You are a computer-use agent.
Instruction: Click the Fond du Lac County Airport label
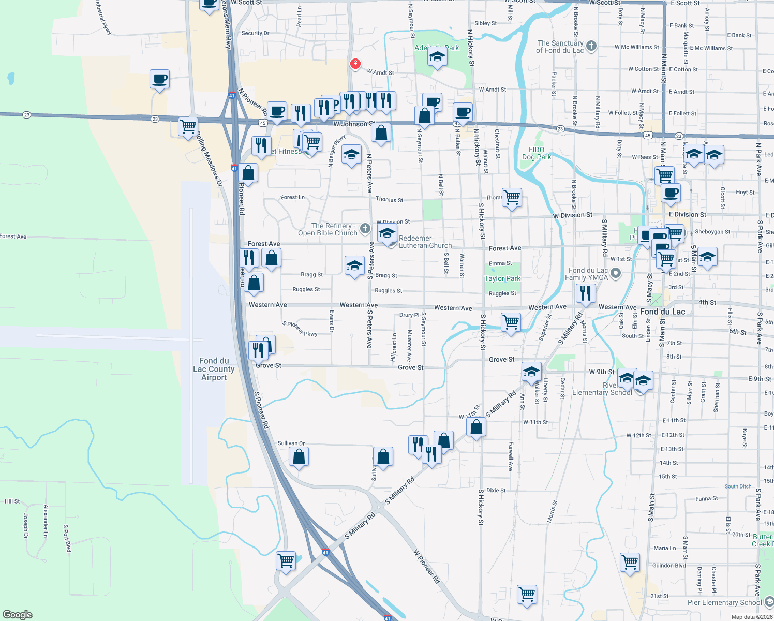[x=214, y=369]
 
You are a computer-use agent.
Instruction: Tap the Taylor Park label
[x=502, y=278]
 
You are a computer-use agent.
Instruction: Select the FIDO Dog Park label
[x=537, y=153]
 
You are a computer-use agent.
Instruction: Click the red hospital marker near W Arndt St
[x=355, y=64]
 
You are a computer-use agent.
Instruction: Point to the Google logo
[x=17, y=614]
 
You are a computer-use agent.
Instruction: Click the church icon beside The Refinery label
[x=365, y=228]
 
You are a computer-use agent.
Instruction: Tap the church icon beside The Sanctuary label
[x=591, y=46]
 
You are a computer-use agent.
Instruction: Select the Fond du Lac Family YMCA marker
[x=616, y=273]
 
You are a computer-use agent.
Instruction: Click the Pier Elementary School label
[x=724, y=602]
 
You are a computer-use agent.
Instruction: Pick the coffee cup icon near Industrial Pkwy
[x=159, y=79]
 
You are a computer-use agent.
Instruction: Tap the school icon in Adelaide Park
[x=437, y=56]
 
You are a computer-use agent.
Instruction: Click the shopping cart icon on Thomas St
[x=512, y=197]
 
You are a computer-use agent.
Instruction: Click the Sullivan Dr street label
[x=291, y=443]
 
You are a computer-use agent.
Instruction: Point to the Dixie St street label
[x=496, y=490]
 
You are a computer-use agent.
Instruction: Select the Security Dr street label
[x=256, y=33]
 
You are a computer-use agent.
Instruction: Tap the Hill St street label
[x=12, y=501]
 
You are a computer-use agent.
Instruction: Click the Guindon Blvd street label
[x=669, y=566]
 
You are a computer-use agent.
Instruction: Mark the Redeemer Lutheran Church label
[x=425, y=242]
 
